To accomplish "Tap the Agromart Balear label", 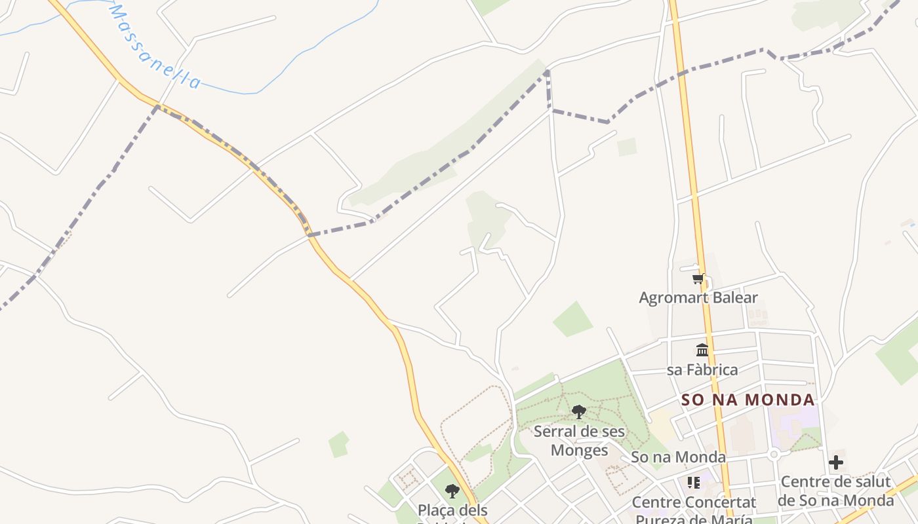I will [x=698, y=297].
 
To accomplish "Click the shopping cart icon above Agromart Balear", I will [x=698, y=279].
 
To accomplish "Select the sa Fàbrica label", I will [x=702, y=369].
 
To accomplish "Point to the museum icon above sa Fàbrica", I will [x=702, y=350].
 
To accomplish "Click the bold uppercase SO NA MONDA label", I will [x=748, y=400].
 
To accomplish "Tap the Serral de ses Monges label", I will [x=579, y=441].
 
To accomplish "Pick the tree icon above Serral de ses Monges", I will [x=578, y=412].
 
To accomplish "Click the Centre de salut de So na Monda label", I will [x=836, y=491].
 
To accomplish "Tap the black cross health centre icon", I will [x=836, y=462].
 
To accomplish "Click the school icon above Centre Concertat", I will [x=694, y=483].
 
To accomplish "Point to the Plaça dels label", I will [x=452, y=510].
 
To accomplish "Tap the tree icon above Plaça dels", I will [x=452, y=491].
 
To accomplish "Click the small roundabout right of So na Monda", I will [x=774, y=453].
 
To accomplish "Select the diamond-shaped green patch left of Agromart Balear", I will [x=572, y=320].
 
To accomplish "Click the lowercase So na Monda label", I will [x=678, y=457].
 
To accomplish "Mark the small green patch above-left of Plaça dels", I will [x=338, y=445].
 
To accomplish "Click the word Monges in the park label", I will [x=579, y=450].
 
